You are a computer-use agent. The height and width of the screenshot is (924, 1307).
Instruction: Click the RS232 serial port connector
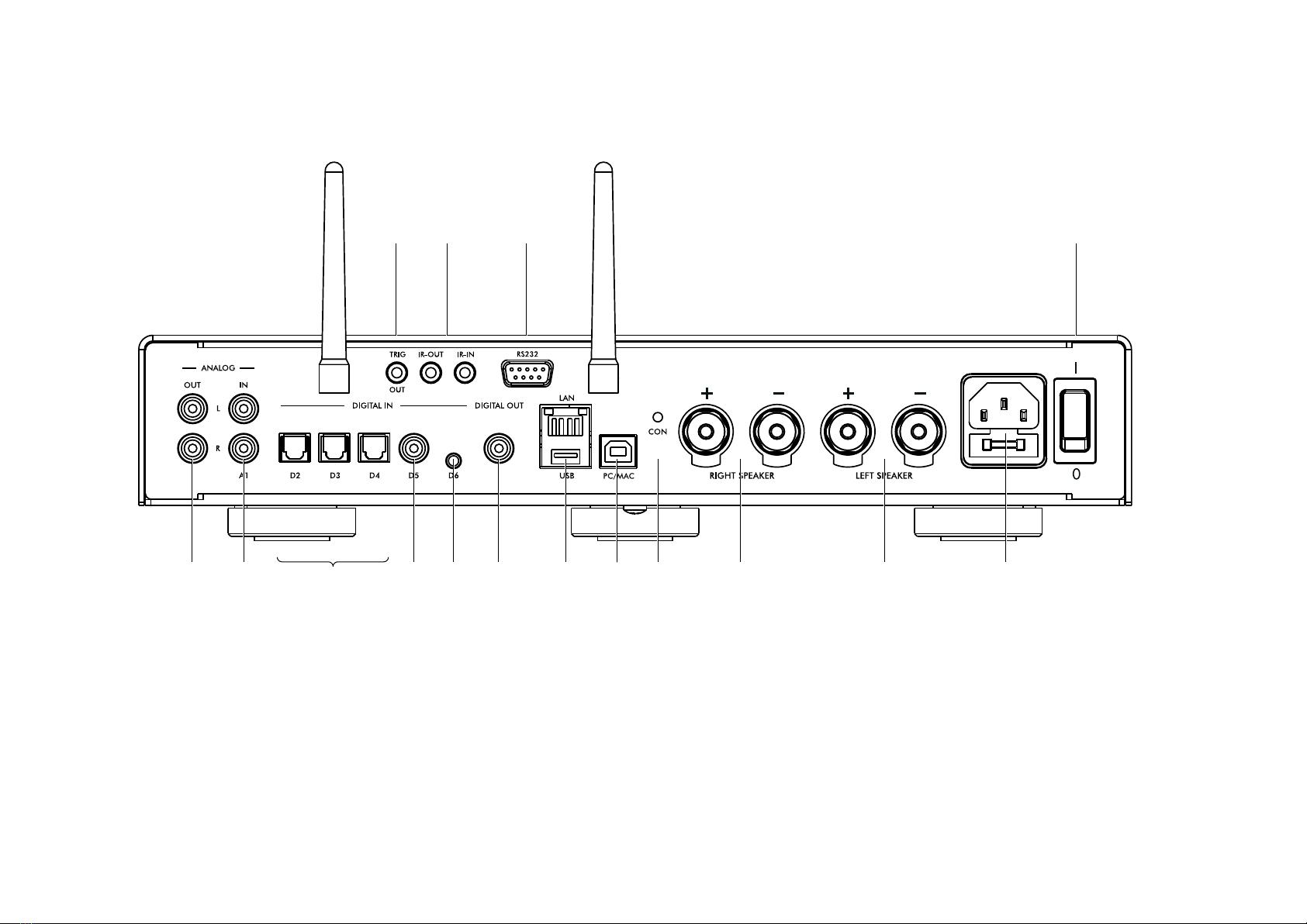[527, 373]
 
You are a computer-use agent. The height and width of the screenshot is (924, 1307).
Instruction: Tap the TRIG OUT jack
[397, 373]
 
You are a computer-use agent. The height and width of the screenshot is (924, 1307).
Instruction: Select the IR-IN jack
[465, 373]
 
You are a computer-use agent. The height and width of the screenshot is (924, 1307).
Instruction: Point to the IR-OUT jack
[430, 373]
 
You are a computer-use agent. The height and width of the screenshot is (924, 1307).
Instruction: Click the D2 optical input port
[295, 448]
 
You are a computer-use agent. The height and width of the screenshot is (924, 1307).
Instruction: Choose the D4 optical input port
[374, 448]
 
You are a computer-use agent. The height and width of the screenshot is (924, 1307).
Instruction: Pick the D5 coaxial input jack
[413, 448]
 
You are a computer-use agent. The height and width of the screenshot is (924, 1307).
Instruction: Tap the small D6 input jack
[453, 461]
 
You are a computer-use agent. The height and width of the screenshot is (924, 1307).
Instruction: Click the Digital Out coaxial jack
[499, 448]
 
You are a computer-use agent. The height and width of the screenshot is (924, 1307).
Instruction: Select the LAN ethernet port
[565, 421]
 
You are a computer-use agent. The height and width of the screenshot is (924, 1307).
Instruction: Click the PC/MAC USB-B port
[618, 451]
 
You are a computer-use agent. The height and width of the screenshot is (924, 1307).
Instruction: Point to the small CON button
[658, 417]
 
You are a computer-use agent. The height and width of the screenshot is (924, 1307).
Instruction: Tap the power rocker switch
[1075, 421]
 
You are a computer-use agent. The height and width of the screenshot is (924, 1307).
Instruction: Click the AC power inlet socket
[1004, 421]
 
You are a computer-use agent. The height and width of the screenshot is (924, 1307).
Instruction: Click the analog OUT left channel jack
[192, 408]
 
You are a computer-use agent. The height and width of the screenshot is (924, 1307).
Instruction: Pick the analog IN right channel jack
[244, 448]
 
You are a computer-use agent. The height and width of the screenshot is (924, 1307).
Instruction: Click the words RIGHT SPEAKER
[742, 476]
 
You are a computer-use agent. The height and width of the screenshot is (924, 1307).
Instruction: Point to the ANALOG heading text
[218, 368]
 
